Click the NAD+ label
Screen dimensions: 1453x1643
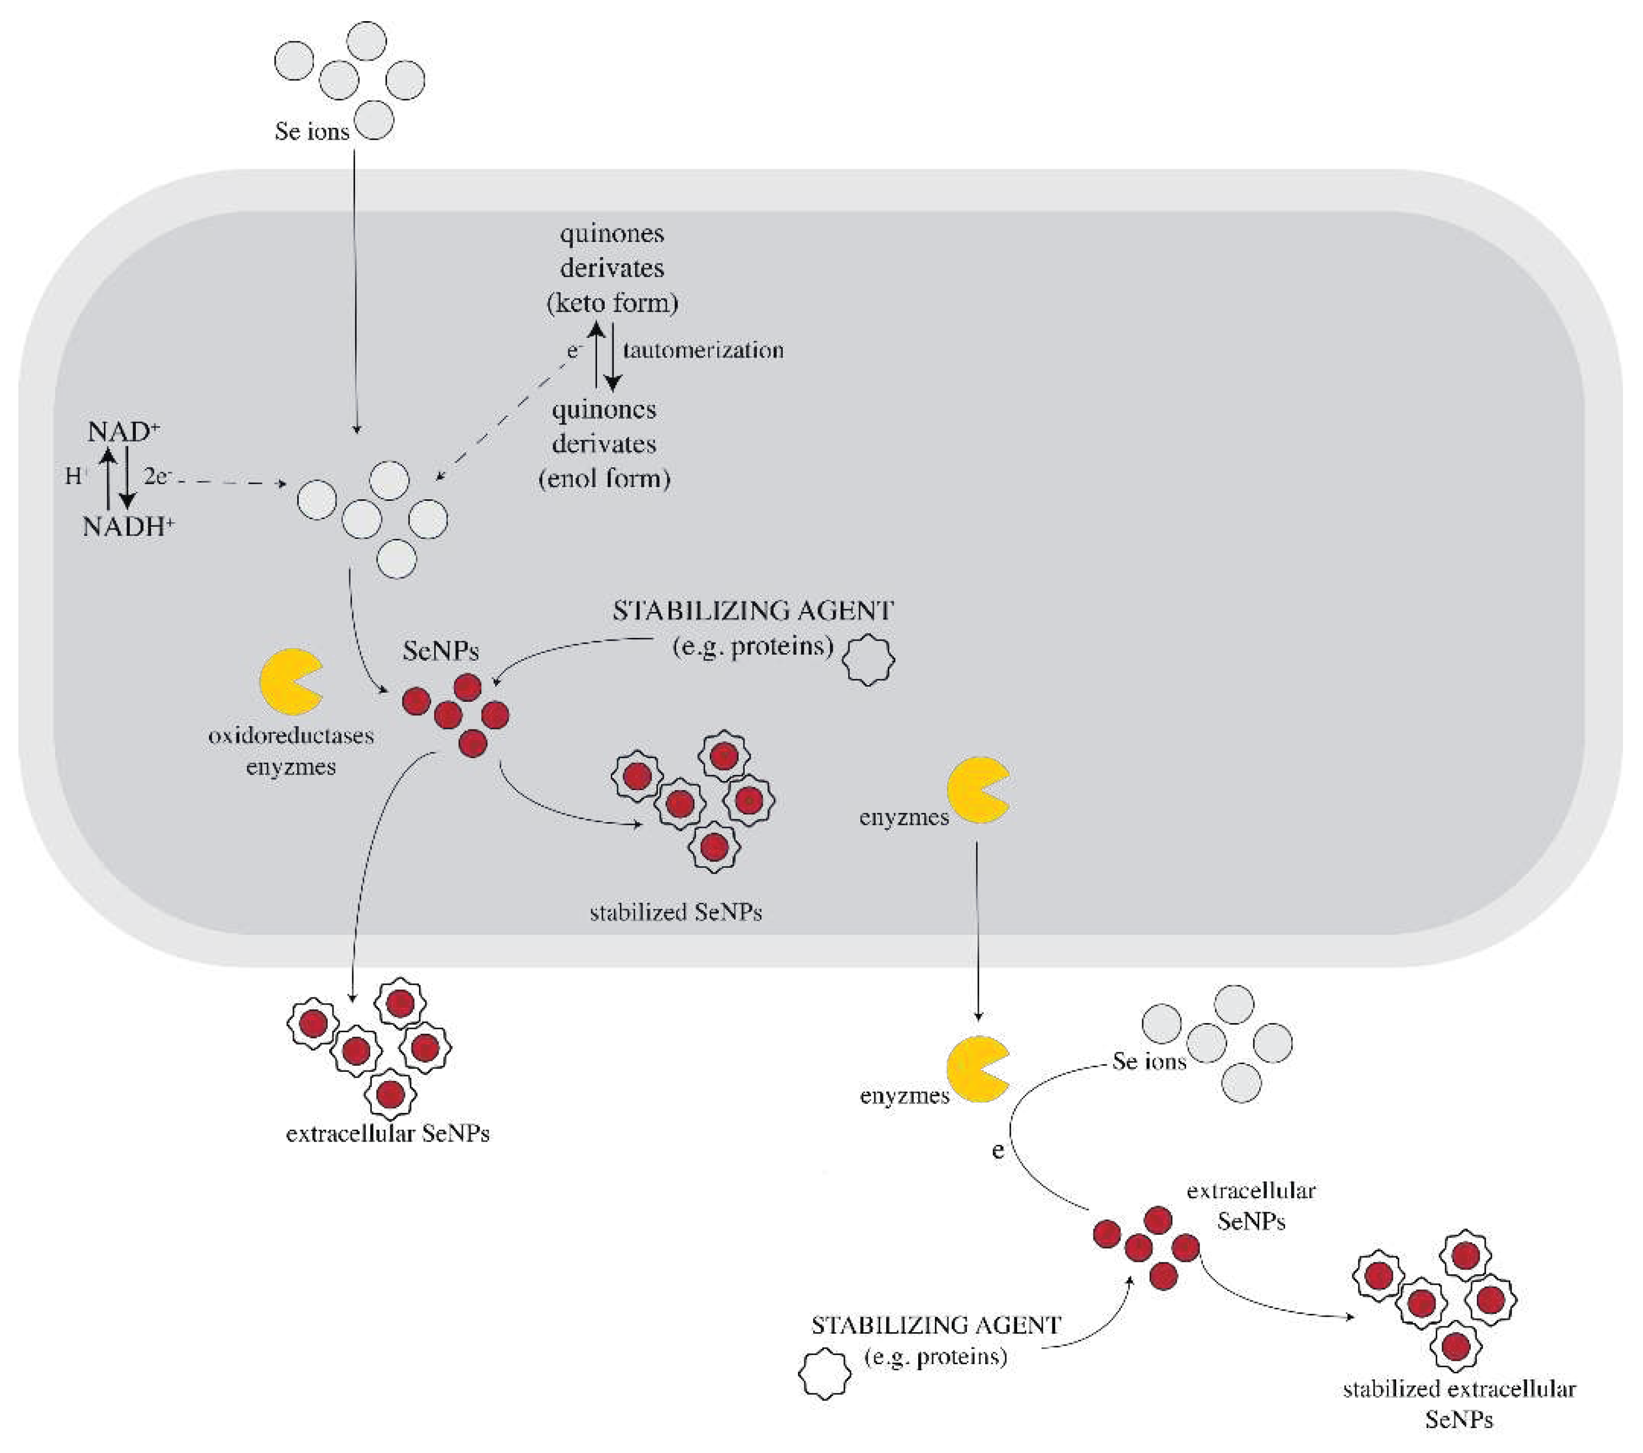(x=122, y=432)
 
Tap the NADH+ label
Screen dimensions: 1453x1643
(x=128, y=527)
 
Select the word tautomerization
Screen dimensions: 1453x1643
(x=703, y=350)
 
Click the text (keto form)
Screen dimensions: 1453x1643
(x=612, y=303)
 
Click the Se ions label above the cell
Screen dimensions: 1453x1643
(x=312, y=131)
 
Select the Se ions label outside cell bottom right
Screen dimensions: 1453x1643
(x=1149, y=1061)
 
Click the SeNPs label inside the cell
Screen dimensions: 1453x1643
(x=441, y=650)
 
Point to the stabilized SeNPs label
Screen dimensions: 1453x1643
(x=675, y=913)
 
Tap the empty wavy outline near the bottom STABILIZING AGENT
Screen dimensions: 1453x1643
(x=824, y=1374)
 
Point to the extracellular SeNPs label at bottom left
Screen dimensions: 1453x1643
(x=388, y=1134)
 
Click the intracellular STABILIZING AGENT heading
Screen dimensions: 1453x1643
(x=752, y=611)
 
